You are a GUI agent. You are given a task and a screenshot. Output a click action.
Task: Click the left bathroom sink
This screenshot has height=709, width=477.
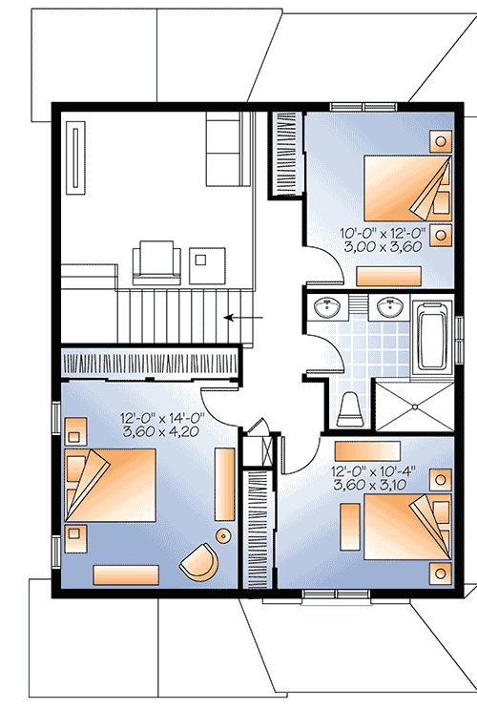(328, 307)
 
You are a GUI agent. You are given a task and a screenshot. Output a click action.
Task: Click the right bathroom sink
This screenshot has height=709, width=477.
(389, 307)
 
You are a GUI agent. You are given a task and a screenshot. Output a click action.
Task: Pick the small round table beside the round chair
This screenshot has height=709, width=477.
(223, 535)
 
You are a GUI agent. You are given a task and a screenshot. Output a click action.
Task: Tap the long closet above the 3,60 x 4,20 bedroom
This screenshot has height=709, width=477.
(147, 364)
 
